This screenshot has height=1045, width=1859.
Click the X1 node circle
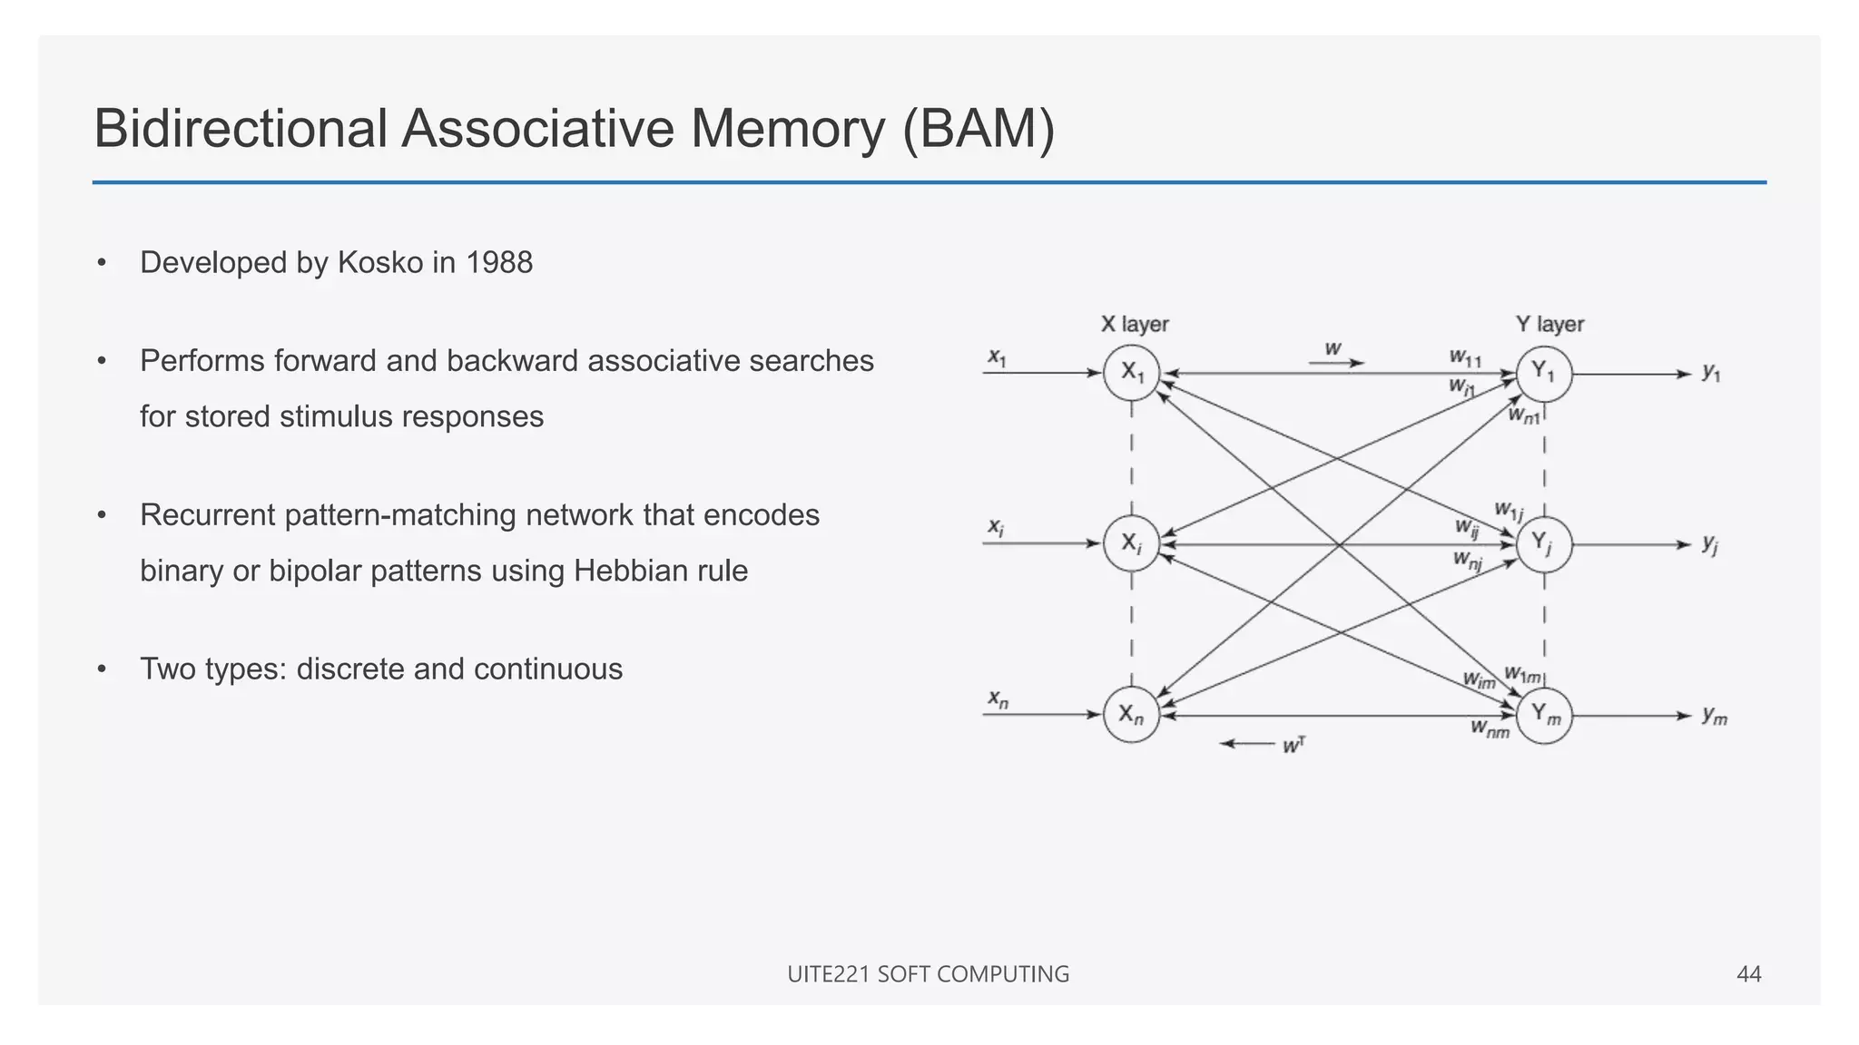(x=1131, y=373)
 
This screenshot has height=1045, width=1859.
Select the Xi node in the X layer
(x=1131, y=543)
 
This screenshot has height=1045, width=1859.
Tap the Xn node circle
(x=1131, y=715)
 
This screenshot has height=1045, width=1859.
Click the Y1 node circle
(x=1544, y=373)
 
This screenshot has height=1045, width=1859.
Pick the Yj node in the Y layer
(x=1544, y=544)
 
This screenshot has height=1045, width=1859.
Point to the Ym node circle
(x=1544, y=715)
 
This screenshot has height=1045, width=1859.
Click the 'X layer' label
(x=1134, y=324)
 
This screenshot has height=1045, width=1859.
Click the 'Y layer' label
(x=1549, y=324)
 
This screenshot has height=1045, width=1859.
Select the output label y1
(x=1711, y=372)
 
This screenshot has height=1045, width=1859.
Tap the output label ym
(x=1714, y=716)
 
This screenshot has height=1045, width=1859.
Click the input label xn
(x=998, y=699)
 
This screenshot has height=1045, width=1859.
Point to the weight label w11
(x=1465, y=357)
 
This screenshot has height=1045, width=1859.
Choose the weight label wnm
(x=1490, y=728)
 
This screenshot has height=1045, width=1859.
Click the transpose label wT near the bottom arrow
(x=1293, y=746)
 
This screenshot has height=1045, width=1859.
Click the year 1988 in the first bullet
(x=498, y=263)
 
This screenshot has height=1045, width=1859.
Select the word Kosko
(x=380, y=263)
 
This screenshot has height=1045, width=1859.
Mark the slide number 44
(x=1748, y=974)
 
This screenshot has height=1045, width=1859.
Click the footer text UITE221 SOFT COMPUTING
(x=928, y=974)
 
